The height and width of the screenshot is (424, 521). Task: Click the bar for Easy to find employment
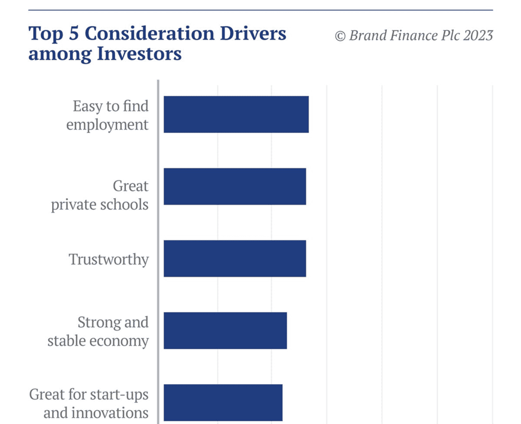pos(236,114)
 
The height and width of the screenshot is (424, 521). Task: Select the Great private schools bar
pos(235,186)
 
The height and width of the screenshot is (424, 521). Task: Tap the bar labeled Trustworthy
pos(235,258)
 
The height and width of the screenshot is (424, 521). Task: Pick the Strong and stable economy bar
pos(225,330)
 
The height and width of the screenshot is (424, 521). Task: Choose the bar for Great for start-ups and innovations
pos(223,402)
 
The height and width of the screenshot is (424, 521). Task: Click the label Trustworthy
pos(109,259)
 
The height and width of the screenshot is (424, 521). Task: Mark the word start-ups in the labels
pos(119,395)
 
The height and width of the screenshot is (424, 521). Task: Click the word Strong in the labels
pos(97,322)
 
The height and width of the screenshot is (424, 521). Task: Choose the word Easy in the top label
pos(88,106)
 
